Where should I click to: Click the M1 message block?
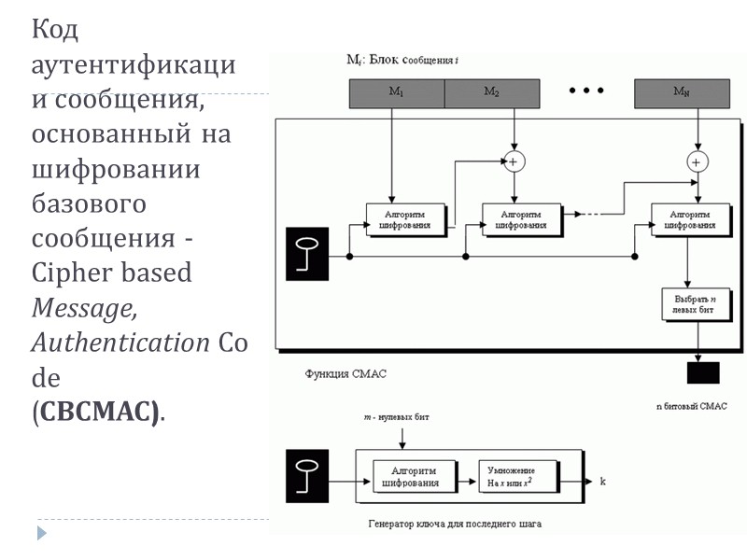pos(396,91)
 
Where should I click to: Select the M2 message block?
pos(491,91)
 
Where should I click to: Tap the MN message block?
pos(681,91)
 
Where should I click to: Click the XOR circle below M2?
pos(513,161)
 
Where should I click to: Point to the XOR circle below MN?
pos(696,161)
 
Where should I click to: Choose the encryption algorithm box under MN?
pos(690,218)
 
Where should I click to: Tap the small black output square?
pos(703,371)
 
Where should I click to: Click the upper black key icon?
pos(308,255)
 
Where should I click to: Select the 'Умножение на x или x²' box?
pos(520,475)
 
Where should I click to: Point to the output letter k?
pos(603,482)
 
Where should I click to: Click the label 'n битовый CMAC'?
pos(692,406)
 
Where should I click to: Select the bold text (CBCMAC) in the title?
pos(96,412)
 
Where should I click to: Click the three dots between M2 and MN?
pos(586,91)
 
